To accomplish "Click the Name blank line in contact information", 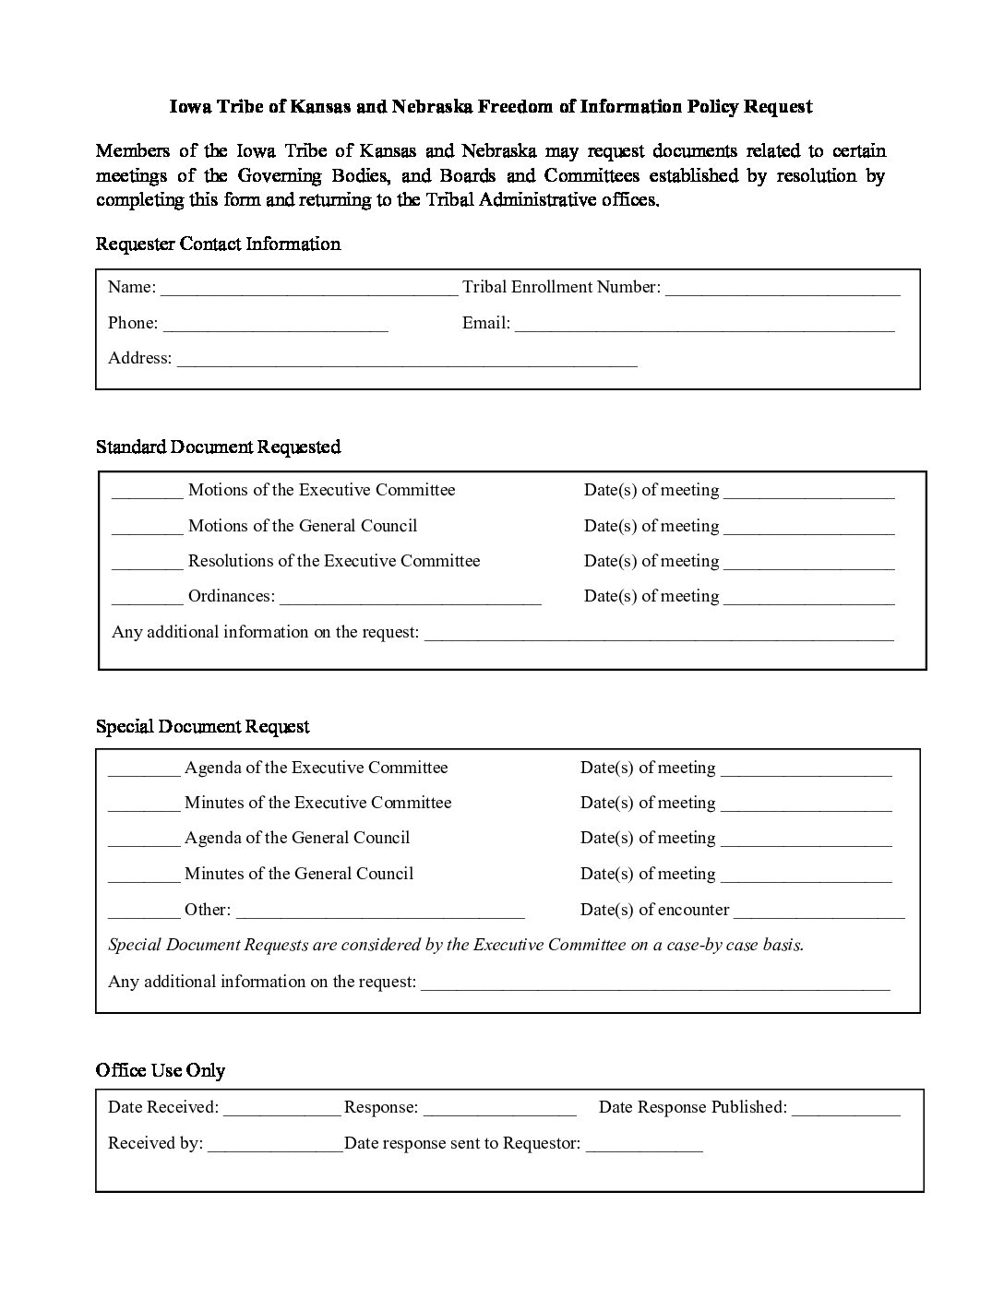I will pyautogui.click(x=308, y=290).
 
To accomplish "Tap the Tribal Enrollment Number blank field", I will pyautogui.click(x=782, y=290).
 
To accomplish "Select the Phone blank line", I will pyautogui.click(x=275, y=326).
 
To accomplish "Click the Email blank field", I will pyautogui.click(x=704, y=326).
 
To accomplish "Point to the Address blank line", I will pyautogui.click(x=407, y=361).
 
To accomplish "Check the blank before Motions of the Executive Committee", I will pyautogui.click(x=147, y=493).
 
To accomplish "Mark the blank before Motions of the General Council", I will pyautogui.click(x=147, y=529).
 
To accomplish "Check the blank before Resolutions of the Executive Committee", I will pyautogui.click(x=147, y=564).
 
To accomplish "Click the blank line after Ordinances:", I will pyautogui.click(x=410, y=599).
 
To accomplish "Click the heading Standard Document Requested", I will pyautogui.click(x=218, y=447).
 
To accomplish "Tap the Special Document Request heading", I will pyautogui.click(x=203, y=727).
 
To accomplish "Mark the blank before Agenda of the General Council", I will pyautogui.click(x=144, y=840).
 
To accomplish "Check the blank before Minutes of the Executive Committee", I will pyautogui.click(x=144, y=805).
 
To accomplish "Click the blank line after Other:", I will pyautogui.click(x=380, y=912).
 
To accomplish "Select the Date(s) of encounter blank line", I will pyautogui.click(x=819, y=912).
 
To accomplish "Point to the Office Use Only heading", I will pyautogui.click(x=161, y=1071).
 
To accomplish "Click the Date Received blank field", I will pyautogui.click(x=281, y=1110).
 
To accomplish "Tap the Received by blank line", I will pyautogui.click(x=275, y=1146).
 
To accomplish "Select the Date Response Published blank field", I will pyautogui.click(x=845, y=1110).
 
